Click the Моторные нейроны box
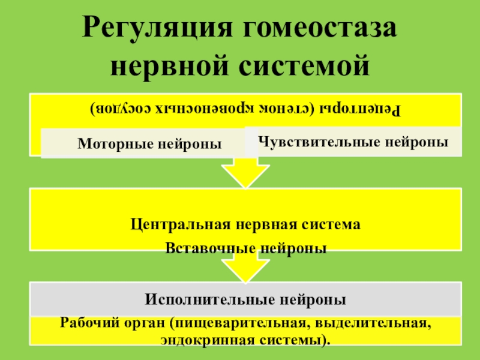point(149,143)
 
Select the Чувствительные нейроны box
point(354,142)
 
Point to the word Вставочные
point(205,248)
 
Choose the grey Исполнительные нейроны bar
point(245,298)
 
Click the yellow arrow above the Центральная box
point(245,174)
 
